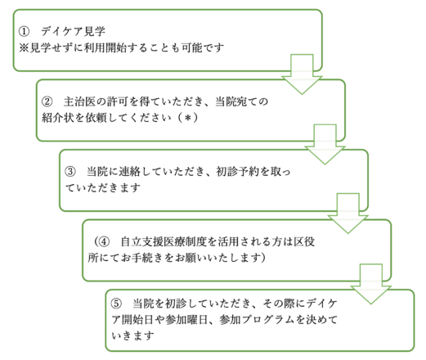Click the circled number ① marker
[24, 31]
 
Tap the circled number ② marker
[47, 101]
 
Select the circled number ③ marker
[70, 172]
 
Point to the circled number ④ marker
[104, 241]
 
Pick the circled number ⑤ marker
[116, 304]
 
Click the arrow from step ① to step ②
[302, 74]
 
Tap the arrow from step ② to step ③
[325, 144]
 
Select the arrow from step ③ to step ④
[348, 214]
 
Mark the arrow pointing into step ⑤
[371, 284]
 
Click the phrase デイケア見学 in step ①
[73, 31]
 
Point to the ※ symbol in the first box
[24, 47]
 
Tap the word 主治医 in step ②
[80, 101]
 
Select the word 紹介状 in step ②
[58, 118]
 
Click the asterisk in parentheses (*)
[187, 119]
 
